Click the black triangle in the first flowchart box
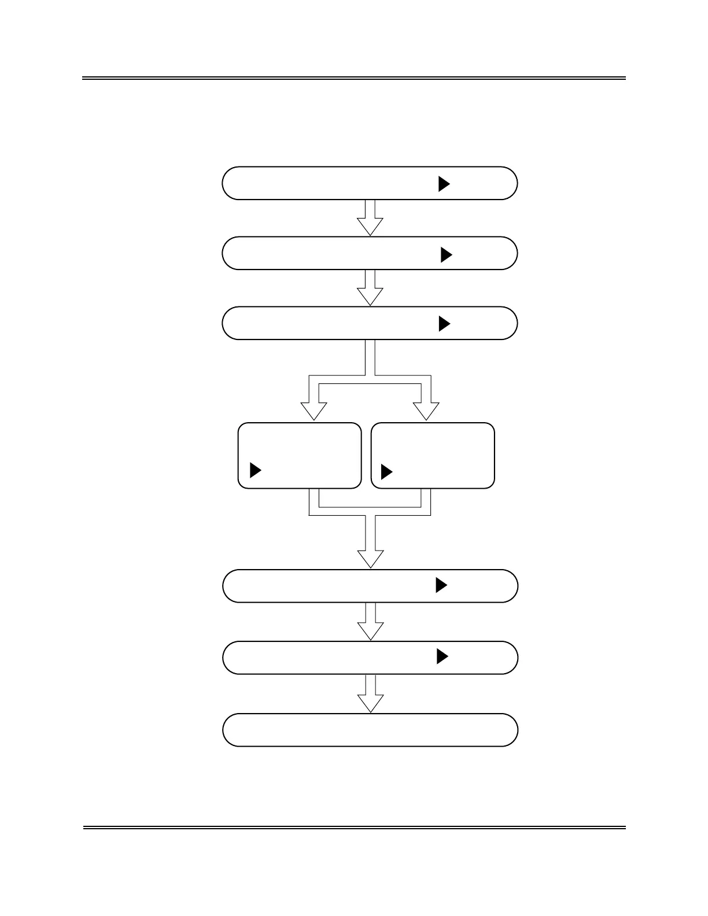point(444,184)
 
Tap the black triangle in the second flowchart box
point(446,255)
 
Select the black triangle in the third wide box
point(444,324)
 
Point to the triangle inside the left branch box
point(255,471)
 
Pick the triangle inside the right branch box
point(386,472)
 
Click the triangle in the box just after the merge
point(441,585)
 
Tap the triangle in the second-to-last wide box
point(443,657)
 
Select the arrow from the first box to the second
point(370,218)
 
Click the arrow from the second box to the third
point(370,288)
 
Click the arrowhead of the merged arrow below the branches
point(370,557)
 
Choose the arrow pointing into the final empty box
point(370,694)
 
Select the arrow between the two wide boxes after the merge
point(370,622)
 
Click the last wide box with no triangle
point(370,730)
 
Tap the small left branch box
point(300,456)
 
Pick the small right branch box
point(433,456)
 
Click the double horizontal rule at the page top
point(354,78)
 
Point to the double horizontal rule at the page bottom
point(354,828)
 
